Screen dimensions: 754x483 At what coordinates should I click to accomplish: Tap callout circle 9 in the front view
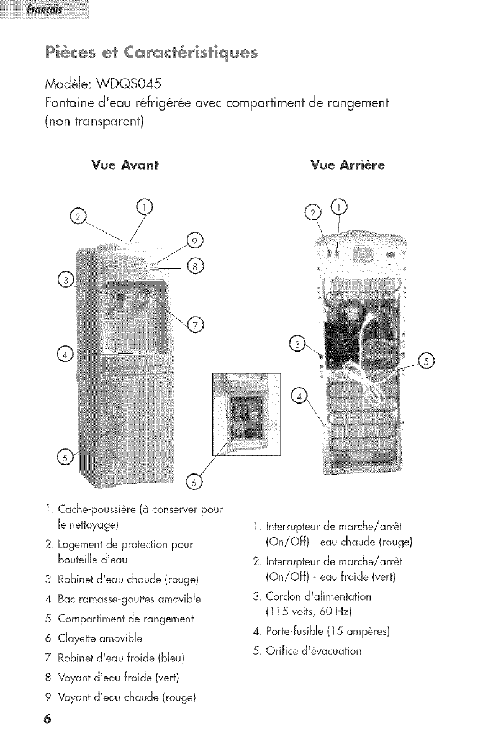[x=194, y=242]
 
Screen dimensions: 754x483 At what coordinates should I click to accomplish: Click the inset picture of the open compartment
[x=246, y=414]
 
